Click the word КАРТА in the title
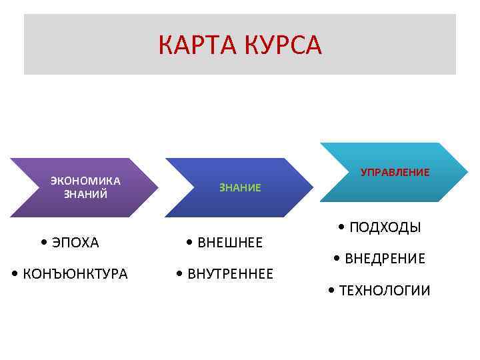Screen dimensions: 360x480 click(x=197, y=45)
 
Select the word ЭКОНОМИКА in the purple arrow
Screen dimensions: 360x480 click(x=85, y=181)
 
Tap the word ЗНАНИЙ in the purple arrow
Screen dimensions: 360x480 click(x=85, y=194)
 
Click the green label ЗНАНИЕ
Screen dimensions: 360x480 click(x=240, y=188)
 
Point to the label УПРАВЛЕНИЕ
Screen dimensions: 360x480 click(x=395, y=172)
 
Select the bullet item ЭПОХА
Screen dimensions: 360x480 click(x=74, y=243)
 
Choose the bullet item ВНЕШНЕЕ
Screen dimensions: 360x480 click(x=230, y=243)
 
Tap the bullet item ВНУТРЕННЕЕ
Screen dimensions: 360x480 click(x=230, y=273)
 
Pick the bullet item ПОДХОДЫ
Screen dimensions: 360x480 click(x=385, y=227)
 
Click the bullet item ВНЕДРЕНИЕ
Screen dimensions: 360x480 click(x=385, y=259)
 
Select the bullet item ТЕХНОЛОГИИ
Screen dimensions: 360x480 click(x=385, y=290)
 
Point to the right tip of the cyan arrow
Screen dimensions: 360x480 click(x=467, y=172)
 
